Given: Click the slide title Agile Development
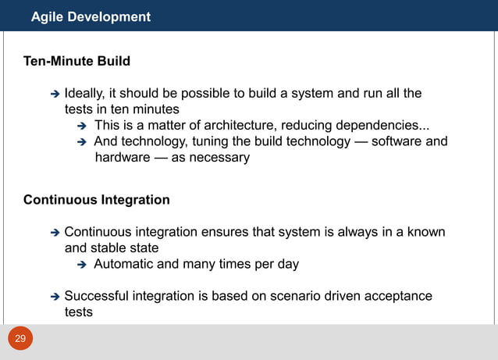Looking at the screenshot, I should [x=91, y=16].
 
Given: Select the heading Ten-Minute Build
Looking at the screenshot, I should [x=76, y=61].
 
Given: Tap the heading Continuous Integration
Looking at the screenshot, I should [x=96, y=200].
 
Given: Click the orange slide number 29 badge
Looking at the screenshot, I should [x=20, y=338].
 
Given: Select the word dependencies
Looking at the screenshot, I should [x=382, y=126].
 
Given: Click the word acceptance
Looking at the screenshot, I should [x=396, y=296].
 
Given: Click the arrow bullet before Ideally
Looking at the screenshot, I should [x=55, y=94].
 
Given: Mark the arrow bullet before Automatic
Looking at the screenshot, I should [x=84, y=265].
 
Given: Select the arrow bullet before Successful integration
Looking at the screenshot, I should [x=55, y=297].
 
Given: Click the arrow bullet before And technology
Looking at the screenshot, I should [x=84, y=142].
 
